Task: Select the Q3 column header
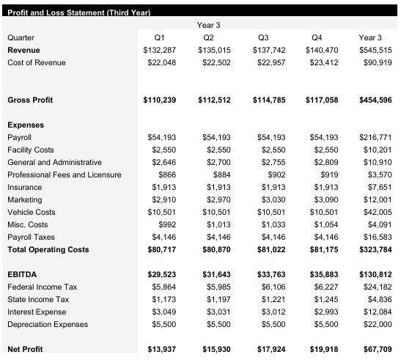tap(267, 37)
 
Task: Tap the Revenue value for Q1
tap(161, 49)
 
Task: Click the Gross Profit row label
tap(30, 99)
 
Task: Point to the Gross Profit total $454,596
tap(375, 99)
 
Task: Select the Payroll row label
tap(19, 137)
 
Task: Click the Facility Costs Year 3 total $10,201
tap(378, 150)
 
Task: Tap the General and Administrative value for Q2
tap(215, 162)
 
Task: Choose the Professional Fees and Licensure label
tap(64, 175)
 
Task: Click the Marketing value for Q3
tap(269, 199)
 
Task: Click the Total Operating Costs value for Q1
tap(161, 250)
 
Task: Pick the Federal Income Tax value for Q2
tap(215, 287)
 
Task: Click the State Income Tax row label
tap(38, 299)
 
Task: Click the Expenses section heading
tap(26, 125)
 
